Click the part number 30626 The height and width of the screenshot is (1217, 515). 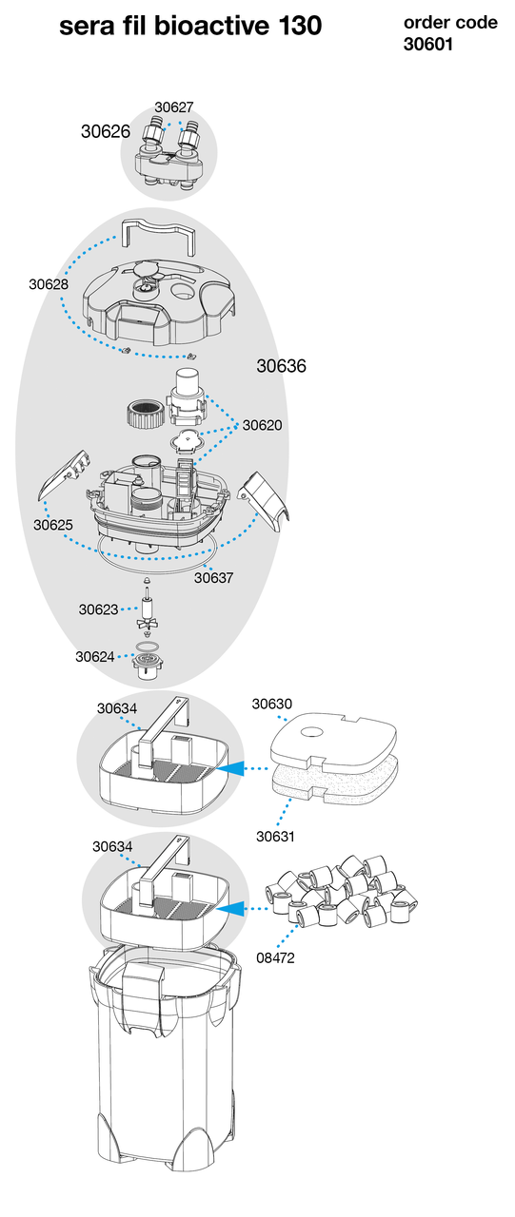[x=106, y=131]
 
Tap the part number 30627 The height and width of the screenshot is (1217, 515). [x=174, y=107]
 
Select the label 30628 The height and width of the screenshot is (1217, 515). [x=49, y=284]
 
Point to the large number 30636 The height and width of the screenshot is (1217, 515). [x=281, y=366]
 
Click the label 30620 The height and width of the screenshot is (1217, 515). [x=262, y=425]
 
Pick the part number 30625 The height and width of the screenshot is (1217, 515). [x=52, y=525]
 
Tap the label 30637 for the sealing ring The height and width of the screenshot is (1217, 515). [x=214, y=577]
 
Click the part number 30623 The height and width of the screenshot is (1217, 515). [x=98, y=609]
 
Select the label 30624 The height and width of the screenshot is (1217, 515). [x=95, y=656]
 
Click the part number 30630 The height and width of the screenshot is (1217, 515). [x=272, y=704]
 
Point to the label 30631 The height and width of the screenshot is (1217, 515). [x=276, y=836]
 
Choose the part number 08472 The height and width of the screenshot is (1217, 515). [x=276, y=957]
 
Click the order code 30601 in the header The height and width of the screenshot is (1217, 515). [x=428, y=44]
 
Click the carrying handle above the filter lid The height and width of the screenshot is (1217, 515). [x=158, y=237]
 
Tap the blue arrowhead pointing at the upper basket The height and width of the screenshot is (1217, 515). [x=229, y=768]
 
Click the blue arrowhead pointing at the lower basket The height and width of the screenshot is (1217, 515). [x=229, y=907]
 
